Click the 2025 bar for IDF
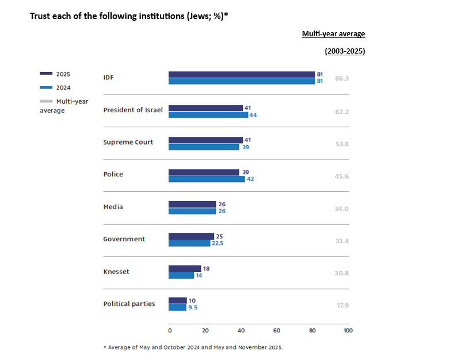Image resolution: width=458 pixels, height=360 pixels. point(242,74)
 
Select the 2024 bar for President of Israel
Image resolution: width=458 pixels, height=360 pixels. point(208,115)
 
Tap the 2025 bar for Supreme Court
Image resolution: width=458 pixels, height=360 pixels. point(205,140)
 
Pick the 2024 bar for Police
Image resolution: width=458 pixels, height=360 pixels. point(207,179)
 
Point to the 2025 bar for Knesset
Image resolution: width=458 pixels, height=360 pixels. point(185,268)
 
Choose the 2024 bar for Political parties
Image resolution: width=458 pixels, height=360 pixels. point(177,308)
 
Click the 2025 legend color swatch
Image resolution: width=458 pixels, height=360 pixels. point(46,74)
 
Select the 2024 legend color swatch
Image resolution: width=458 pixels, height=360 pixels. point(46,88)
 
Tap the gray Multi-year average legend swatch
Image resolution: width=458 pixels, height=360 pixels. point(46,101)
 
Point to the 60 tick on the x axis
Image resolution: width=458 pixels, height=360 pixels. point(277,331)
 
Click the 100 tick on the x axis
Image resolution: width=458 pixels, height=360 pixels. point(348,331)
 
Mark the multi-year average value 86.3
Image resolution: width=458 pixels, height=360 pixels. point(342,77)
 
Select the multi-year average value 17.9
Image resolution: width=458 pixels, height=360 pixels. point(343,304)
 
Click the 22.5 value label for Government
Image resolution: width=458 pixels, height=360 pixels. point(220,243)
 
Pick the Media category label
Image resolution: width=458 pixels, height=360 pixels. point(113,207)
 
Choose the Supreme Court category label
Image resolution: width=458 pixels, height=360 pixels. point(128,142)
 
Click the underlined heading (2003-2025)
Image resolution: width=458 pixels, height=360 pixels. point(345,51)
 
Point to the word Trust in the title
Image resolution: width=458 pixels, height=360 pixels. point(39,16)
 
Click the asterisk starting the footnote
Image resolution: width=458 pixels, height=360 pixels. point(105,347)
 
